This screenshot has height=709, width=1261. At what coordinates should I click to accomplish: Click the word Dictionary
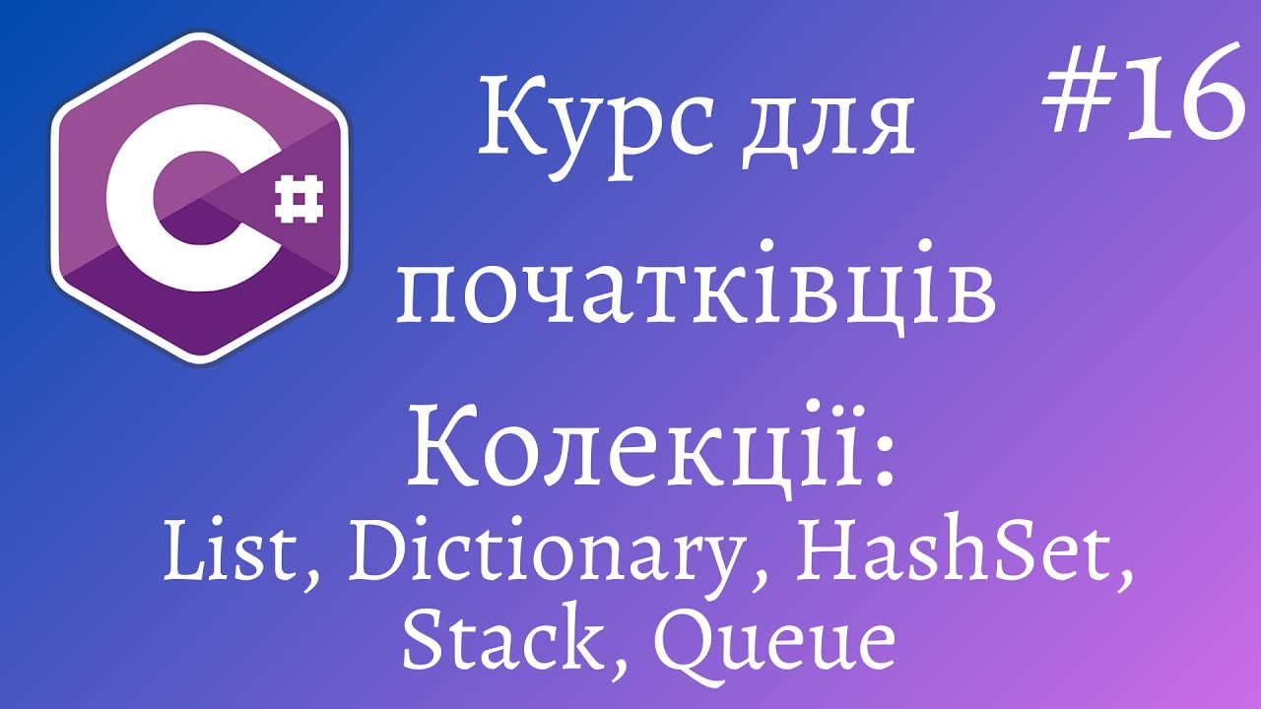pos(542,557)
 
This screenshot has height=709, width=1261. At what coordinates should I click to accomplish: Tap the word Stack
pos(500,633)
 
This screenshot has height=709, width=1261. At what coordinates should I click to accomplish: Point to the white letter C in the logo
pos(192,198)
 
